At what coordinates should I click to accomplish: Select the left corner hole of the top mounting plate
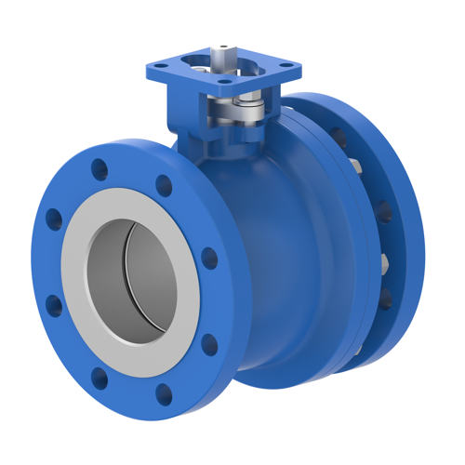[157, 66]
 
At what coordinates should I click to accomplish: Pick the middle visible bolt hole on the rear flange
[383, 210]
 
